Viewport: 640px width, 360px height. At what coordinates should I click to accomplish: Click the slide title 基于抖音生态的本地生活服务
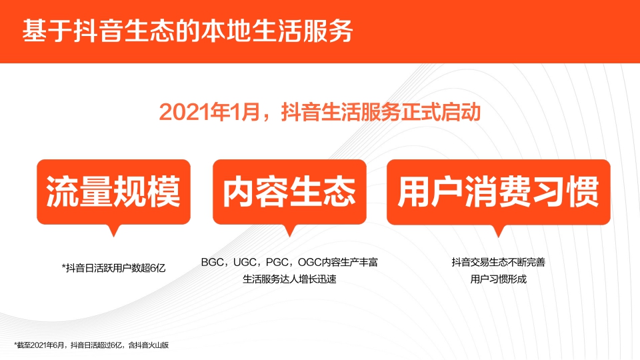click(x=187, y=31)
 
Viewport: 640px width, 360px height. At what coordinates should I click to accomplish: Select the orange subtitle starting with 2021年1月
click(x=320, y=111)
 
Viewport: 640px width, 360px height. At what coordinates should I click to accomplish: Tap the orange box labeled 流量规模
click(x=113, y=192)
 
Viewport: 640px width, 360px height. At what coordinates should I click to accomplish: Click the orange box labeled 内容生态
click(x=289, y=192)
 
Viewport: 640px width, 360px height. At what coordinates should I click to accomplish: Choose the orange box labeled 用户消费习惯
click(x=498, y=192)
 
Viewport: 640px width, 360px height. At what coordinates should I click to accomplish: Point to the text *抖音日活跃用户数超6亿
click(x=113, y=267)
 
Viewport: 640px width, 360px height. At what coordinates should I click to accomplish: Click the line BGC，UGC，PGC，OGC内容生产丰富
click(x=289, y=262)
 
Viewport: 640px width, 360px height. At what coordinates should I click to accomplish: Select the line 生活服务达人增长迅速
click(x=289, y=279)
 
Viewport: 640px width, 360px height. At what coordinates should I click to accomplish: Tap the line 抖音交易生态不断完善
click(x=498, y=262)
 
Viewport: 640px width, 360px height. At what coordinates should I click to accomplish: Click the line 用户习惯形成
click(x=498, y=279)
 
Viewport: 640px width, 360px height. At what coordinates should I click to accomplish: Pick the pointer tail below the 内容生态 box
click(x=289, y=229)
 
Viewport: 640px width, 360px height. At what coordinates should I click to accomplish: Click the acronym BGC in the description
click(x=211, y=262)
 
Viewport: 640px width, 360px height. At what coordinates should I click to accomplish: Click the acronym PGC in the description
click(x=276, y=262)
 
